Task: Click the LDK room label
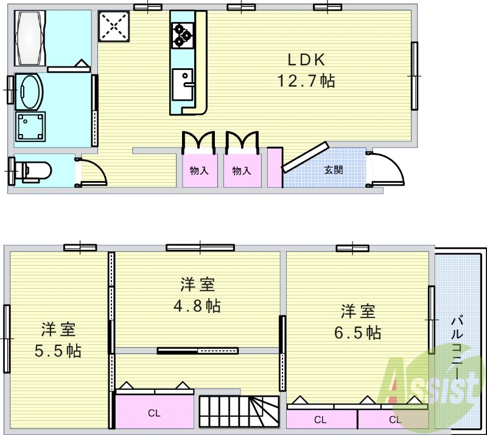[x=307, y=60]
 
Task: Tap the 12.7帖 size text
[x=306, y=81]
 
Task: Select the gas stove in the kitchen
[x=181, y=34]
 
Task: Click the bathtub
[x=29, y=38]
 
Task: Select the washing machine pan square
[x=30, y=127]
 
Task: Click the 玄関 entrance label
[x=333, y=169]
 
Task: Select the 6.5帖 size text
[x=361, y=333]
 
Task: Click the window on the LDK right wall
[x=415, y=76]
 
